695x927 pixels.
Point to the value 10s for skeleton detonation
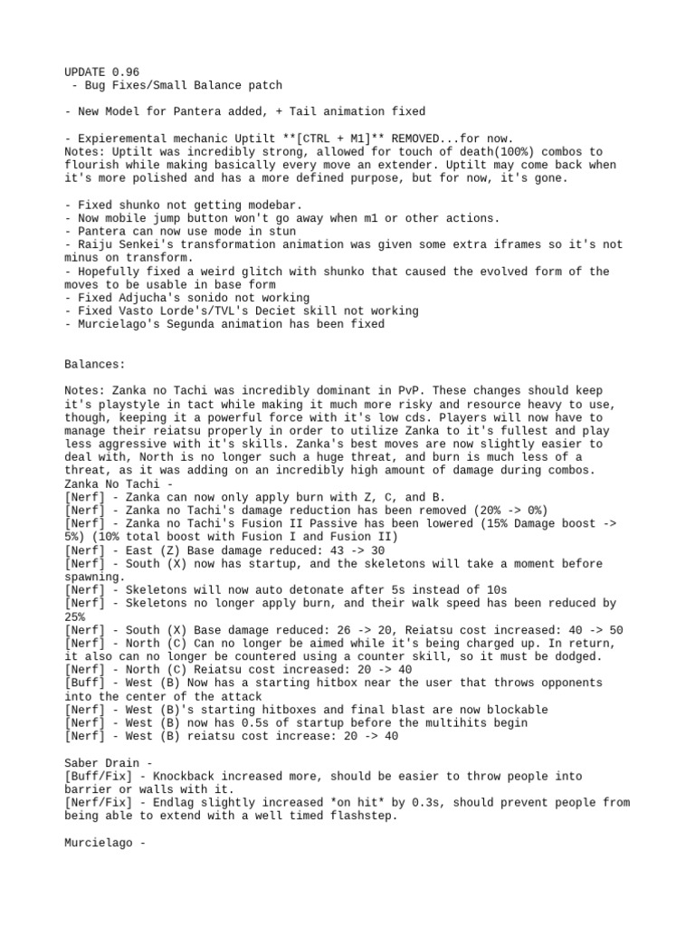point(483,589)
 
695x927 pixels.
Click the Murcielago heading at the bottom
point(100,842)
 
